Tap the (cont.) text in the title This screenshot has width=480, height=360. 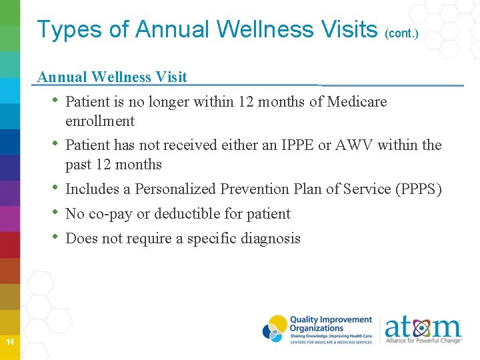point(401,33)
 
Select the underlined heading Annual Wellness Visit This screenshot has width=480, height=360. point(112,77)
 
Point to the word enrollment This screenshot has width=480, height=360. point(100,121)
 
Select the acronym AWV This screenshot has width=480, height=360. point(345,145)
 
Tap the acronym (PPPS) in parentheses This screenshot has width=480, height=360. point(418,189)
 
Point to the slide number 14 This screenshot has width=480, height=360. point(10,342)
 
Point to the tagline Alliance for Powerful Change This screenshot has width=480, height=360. point(423,341)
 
